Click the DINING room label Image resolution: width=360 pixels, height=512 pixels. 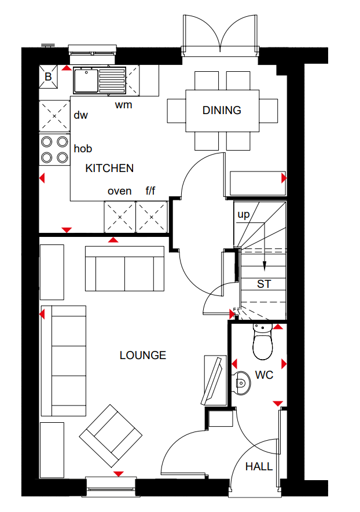click(x=222, y=111)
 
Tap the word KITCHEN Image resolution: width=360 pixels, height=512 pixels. click(x=109, y=168)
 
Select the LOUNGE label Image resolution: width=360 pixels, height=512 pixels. click(x=142, y=355)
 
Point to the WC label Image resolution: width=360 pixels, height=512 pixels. click(x=264, y=375)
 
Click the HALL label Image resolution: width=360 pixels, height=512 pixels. click(x=259, y=467)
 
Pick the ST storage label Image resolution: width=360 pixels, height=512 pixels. click(x=264, y=284)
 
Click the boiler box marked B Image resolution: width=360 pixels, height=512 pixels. click(x=48, y=76)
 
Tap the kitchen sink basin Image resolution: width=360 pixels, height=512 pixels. click(x=86, y=81)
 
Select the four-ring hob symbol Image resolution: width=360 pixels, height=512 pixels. click(x=54, y=150)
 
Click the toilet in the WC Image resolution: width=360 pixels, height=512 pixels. click(x=262, y=341)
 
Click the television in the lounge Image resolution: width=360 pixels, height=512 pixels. click(x=212, y=381)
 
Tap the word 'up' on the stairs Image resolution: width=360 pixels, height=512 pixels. click(x=244, y=214)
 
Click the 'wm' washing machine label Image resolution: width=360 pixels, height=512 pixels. click(x=124, y=105)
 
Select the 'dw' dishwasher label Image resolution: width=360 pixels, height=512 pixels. click(x=80, y=115)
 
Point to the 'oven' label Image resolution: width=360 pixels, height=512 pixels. click(x=119, y=191)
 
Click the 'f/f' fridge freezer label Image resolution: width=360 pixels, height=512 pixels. click(x=150, y=191)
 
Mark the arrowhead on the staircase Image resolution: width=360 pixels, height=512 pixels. click(x=265, y=267)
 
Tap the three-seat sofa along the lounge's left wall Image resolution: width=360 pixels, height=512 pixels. click(x=64, y=361)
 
